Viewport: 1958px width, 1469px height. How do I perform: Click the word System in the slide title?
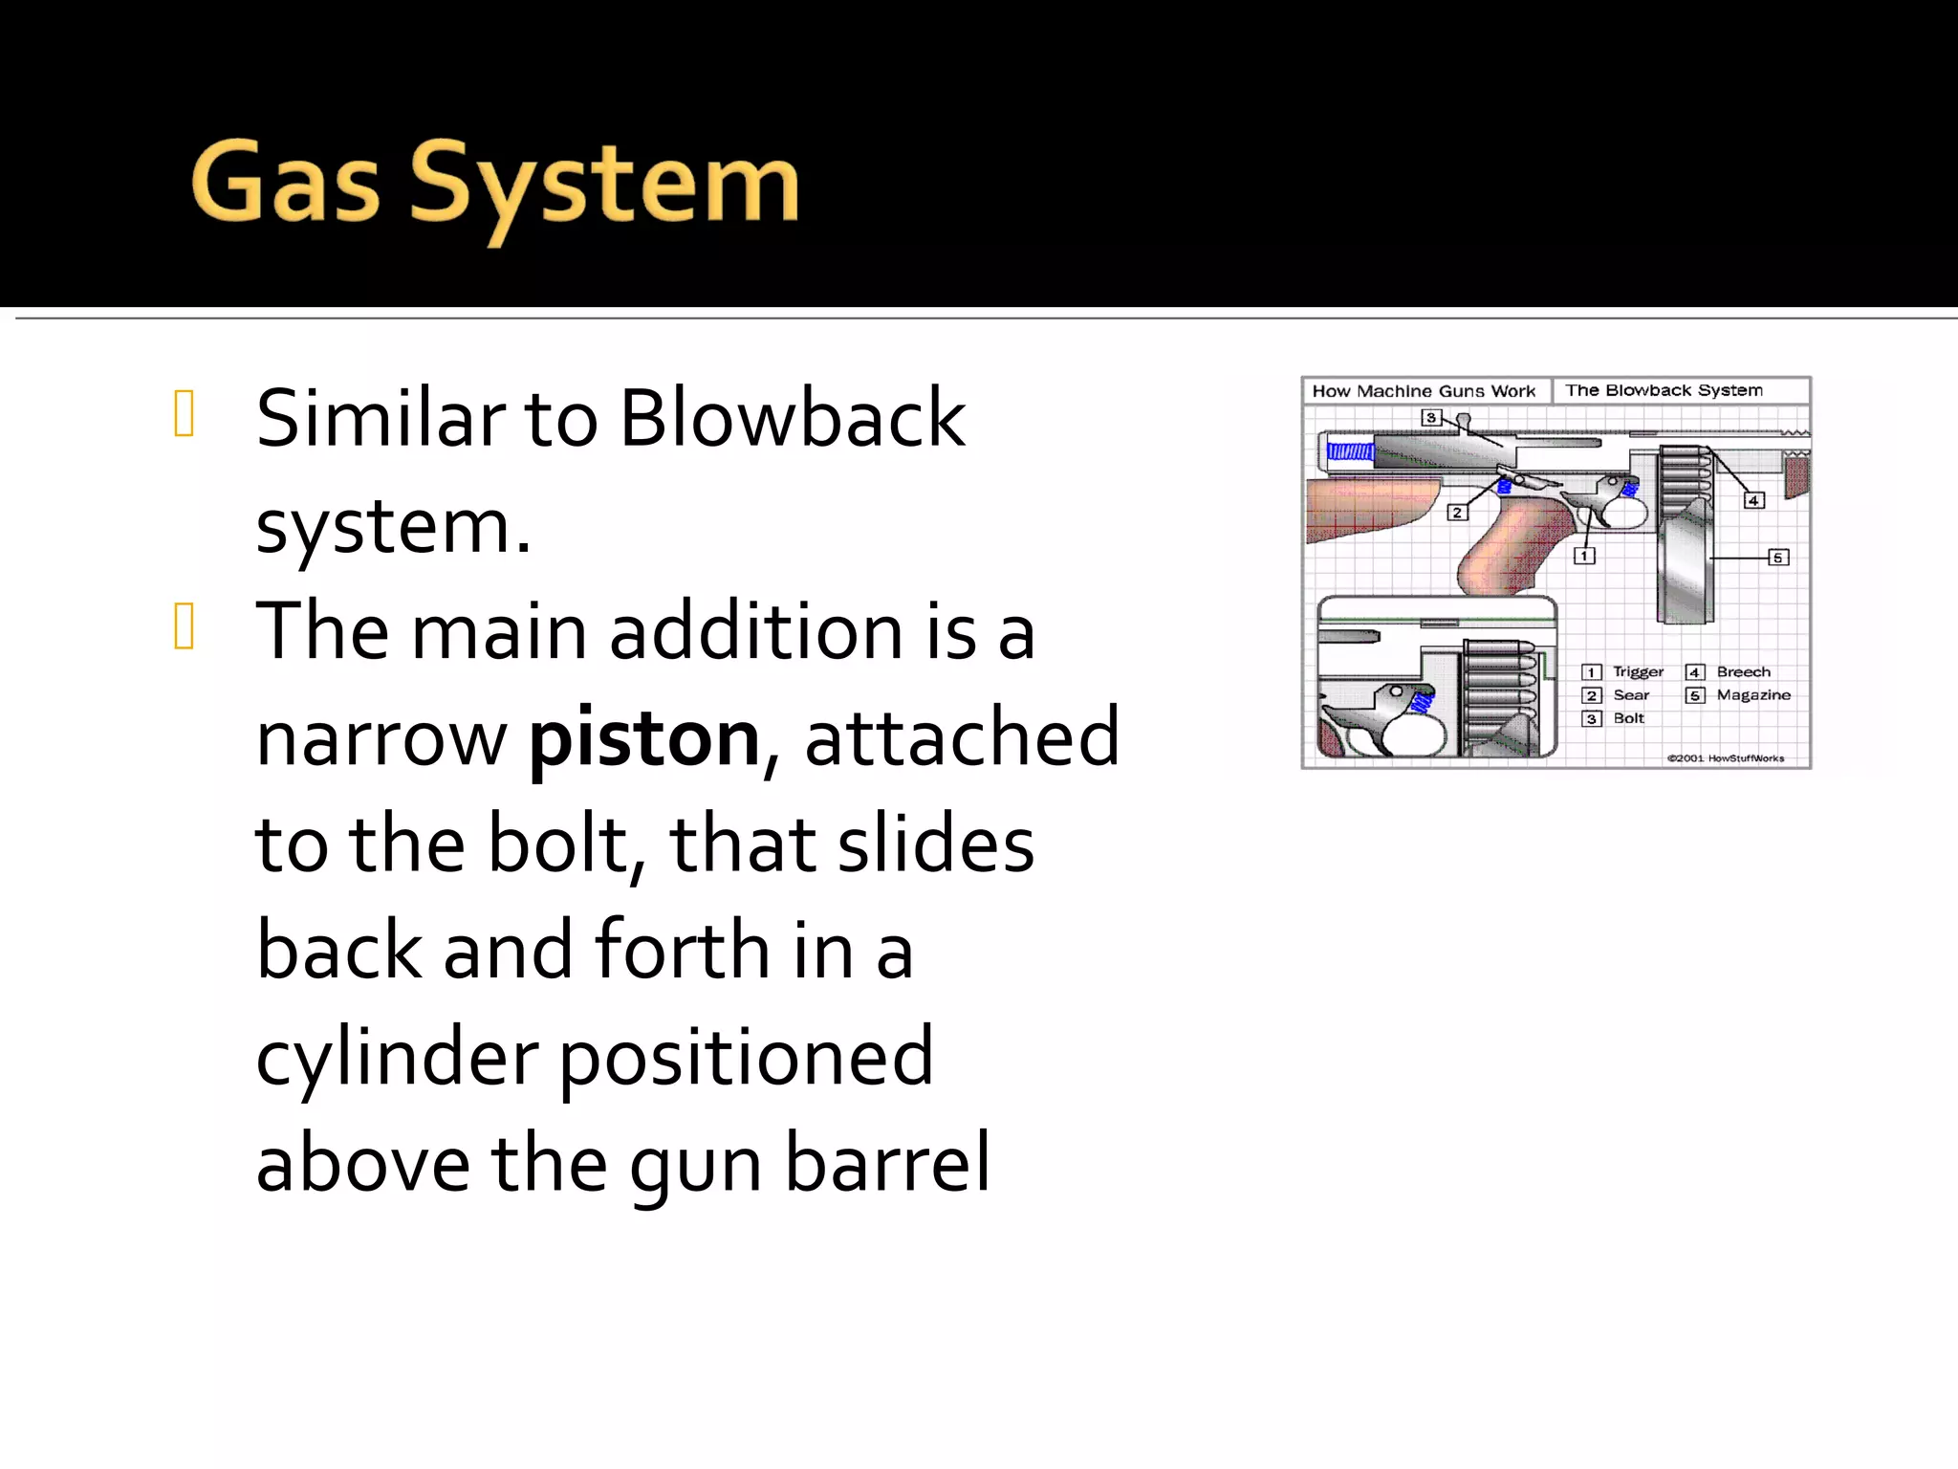coord(604,186)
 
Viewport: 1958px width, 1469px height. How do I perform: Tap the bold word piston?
coord(644,737)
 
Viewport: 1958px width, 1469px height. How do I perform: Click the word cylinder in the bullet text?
coord(397,1057)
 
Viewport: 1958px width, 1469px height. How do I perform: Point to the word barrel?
coord(887,1163)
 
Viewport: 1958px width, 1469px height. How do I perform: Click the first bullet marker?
coord(185,413)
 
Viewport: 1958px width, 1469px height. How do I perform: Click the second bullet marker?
coord(185,626)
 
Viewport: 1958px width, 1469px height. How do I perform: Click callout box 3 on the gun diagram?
coord(1430,418)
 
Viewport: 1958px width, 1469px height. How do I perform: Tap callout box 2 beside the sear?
coord(1457,513)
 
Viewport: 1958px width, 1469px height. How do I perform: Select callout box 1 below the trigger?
coord(1584,556)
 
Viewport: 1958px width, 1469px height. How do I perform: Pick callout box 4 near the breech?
coord(1753,500)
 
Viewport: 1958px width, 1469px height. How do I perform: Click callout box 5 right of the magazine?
coord(1778,558)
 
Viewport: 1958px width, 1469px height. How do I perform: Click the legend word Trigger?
coord(1638,672)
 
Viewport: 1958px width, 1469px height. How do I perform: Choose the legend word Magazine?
coord(1753,695)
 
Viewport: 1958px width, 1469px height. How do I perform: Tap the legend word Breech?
coord(1743,672)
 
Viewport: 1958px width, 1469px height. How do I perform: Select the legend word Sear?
coord(1631,695)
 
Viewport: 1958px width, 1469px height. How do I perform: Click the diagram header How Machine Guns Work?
coord(1424,391)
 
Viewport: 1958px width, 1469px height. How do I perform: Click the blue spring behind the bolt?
coord(1350,451)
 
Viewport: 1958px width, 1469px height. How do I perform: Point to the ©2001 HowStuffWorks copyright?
coord(1726,758)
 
